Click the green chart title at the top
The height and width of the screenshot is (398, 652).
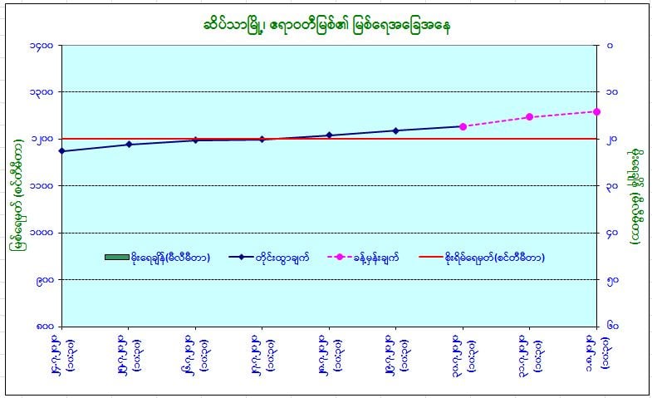click(x=325, y=24)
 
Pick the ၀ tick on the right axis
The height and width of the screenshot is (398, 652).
click(x=610, y=45)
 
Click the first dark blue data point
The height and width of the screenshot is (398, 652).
click(x=62, y=151)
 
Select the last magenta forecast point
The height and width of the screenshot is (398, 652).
click(x=597, y=111)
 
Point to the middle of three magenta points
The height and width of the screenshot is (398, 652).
click(x=530, y=117)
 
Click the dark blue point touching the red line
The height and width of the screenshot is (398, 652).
click(x=262, y=139)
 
